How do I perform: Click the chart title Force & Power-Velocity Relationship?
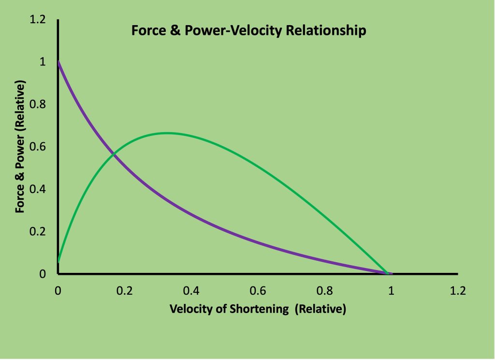(248, 31)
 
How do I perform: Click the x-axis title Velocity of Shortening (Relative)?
(258, 309)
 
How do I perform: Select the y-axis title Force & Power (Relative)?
(20, 147)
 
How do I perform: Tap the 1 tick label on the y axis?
(42, 62)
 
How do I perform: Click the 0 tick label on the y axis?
(42, 274)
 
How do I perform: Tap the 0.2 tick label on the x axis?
(125, 291)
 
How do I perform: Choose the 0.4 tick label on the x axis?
(191, 291)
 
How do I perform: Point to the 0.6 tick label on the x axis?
(258, 291)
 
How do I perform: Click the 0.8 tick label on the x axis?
(325, 291)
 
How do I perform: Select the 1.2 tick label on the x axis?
(458, 291)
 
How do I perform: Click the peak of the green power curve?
(166, 133)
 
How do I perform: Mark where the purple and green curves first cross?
(113, 154)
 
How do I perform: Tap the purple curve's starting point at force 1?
(58, 62)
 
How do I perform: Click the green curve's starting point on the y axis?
(58, 261)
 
